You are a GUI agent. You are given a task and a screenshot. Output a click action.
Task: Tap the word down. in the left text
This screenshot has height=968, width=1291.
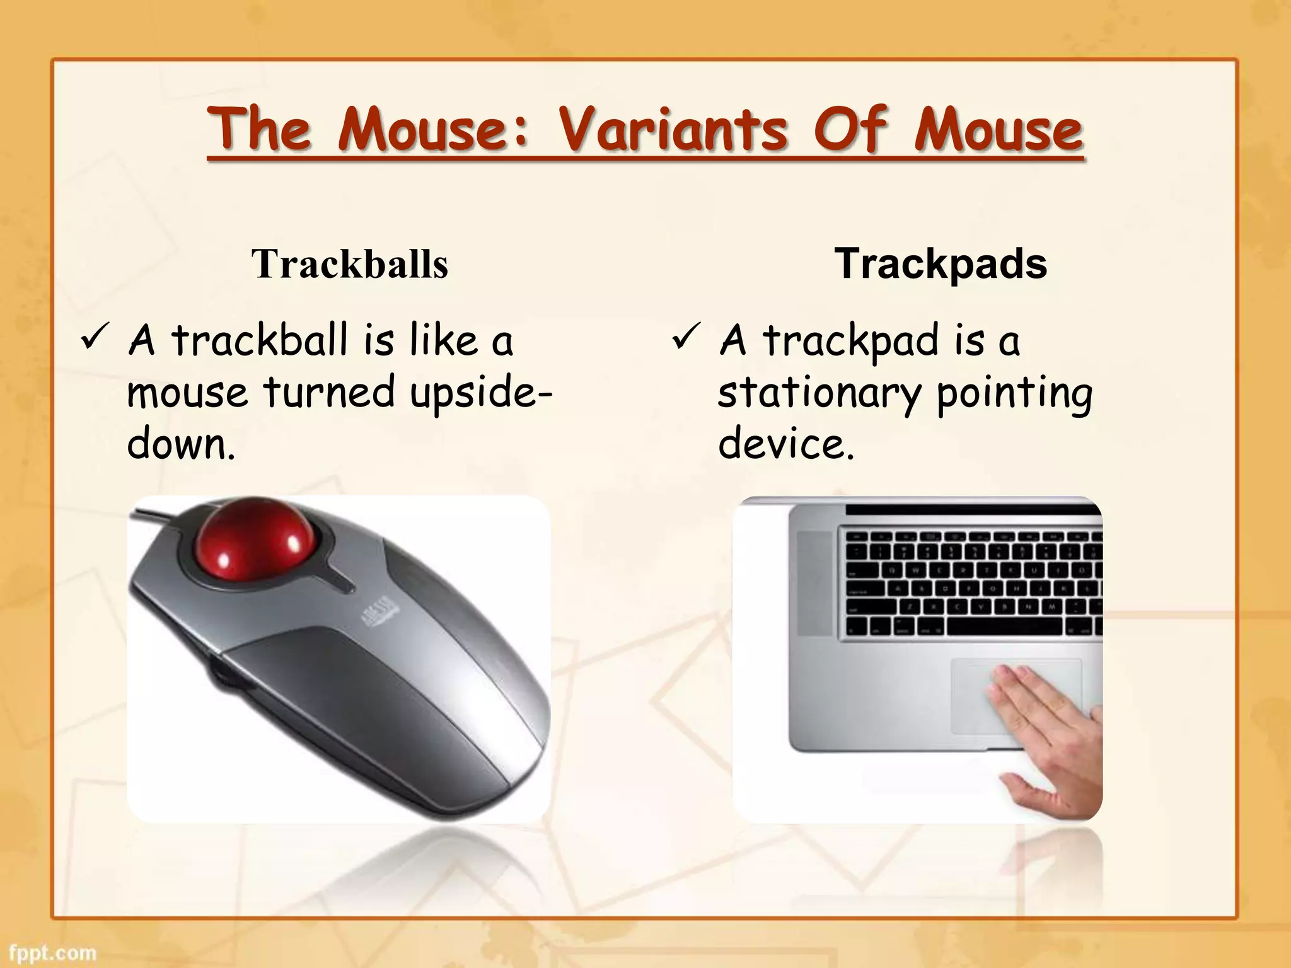tap(181, 444)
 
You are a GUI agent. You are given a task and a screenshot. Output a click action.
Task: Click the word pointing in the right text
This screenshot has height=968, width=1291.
tap(1014, 394)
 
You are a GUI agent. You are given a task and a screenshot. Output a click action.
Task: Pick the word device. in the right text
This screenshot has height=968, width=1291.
tap(786, 444)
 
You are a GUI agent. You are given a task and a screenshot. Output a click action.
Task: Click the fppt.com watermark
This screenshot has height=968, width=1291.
tap(53, 952)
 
